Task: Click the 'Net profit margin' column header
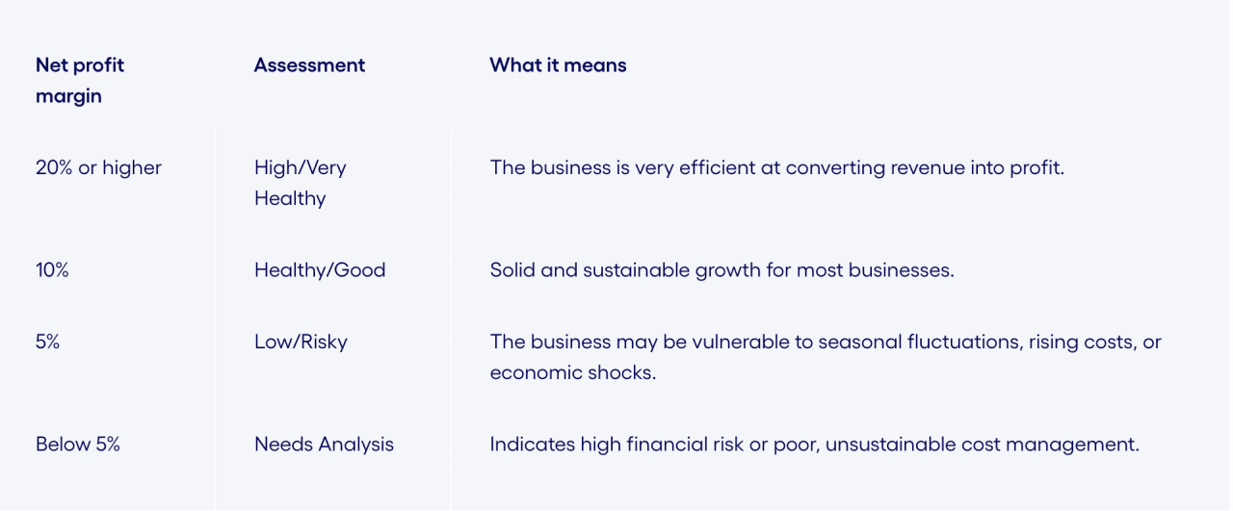click(x=80, y=81)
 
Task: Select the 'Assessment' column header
click(x=309, y=65)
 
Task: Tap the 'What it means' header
click(x=558, y=65)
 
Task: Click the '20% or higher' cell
click(x=98, y=167)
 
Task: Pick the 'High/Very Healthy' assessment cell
click(x=300, y=183)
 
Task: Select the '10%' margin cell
click(x=52, y=270)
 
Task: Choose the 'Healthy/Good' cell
click(x=320, y=270)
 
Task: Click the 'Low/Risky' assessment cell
click(x=301, y=342)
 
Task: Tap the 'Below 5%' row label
click(x=78, y=445)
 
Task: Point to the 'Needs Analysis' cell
click(x=324, y=445)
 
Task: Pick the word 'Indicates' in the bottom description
click(x=531, y=445)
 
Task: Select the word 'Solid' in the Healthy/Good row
click(x=512, y=270)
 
